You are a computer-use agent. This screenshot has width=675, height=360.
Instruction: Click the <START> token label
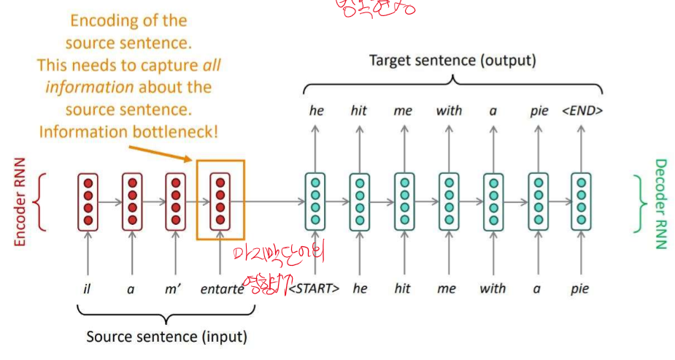pos(315,288)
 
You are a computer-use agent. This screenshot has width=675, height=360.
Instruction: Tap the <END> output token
pos(582,111)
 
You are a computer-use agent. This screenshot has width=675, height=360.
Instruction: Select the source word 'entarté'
pos(222,288)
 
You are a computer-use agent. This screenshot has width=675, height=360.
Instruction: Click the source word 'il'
pos(87,288)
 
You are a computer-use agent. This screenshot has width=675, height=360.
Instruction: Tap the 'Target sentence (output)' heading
pos(452,61)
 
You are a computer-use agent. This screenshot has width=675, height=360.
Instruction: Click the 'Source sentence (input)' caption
pos(166,337)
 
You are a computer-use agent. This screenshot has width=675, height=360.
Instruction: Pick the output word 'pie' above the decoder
pos(539,111)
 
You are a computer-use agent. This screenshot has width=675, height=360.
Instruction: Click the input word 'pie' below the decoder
pos(581,288)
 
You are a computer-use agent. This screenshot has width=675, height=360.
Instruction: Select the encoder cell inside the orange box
pos(220,200)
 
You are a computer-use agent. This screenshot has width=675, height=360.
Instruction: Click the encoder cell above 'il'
pos(88,200)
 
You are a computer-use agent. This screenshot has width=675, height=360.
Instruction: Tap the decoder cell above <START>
pos(315,200)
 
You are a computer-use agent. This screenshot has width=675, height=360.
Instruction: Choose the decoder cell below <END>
pos(582,200)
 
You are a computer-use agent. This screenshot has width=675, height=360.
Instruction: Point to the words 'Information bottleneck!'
pos(128,132)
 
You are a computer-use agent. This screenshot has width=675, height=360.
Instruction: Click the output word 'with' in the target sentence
pos(449,111)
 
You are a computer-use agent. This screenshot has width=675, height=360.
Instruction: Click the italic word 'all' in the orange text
pos(212,65)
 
